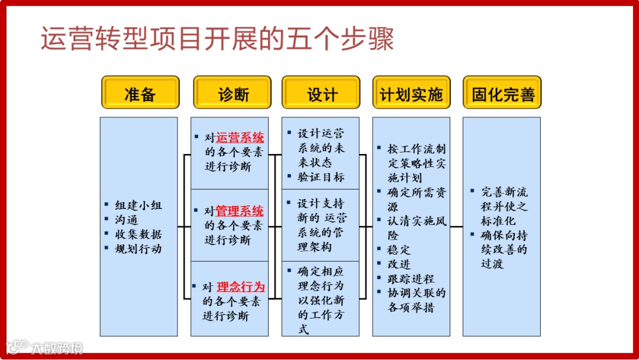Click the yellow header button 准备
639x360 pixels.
[x=140, y=93]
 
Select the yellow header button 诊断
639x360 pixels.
[x=231, y=93]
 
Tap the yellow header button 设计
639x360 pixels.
[x=321, y=93]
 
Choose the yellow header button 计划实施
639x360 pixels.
[x=411, y=93]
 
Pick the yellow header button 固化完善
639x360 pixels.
[x=502, y=93]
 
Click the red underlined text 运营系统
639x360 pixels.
[x=240, y=138]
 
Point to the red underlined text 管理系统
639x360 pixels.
[x=240, y=211]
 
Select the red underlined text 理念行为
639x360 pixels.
[x=241, y=287]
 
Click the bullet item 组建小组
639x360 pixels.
[x=138, y=206]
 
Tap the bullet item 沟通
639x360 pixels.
[x=126, y=220]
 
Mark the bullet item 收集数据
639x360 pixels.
[x=138, y=234]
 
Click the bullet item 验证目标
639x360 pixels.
[x=321, y=177]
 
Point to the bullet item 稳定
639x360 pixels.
[x=399, y=250]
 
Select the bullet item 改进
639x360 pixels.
[x=399, y=264]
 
